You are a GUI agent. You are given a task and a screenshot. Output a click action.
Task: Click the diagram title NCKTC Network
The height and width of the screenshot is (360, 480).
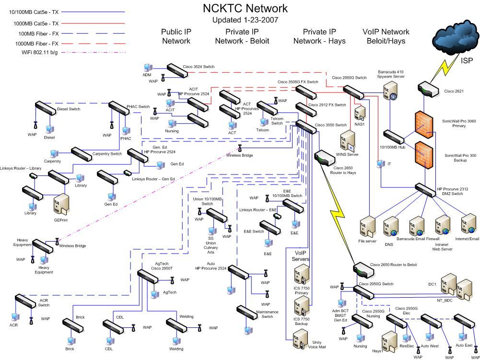tap(246, 8)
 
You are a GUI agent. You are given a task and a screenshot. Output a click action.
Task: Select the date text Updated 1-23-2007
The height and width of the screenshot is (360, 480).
tap(245, 20)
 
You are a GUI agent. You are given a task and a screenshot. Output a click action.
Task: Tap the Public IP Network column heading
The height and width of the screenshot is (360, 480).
tap(176, 36)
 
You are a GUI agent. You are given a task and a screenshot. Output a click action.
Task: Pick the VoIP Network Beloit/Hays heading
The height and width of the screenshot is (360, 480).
tap(386, 36)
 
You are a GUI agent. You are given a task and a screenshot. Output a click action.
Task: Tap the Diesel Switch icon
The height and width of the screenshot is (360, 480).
tap(46, 107)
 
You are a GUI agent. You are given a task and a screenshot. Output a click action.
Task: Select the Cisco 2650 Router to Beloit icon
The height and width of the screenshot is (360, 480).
tap(364, 270)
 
